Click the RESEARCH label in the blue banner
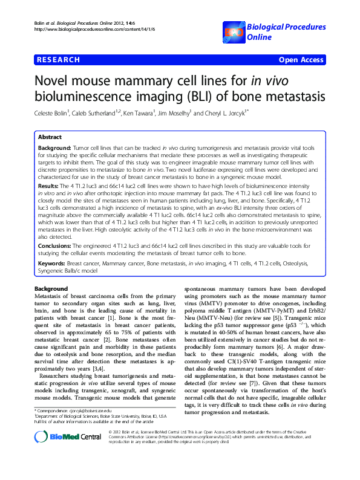click(x=59, y=60)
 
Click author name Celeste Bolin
click(x=54, y=113)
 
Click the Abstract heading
click(x=51, y=137)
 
